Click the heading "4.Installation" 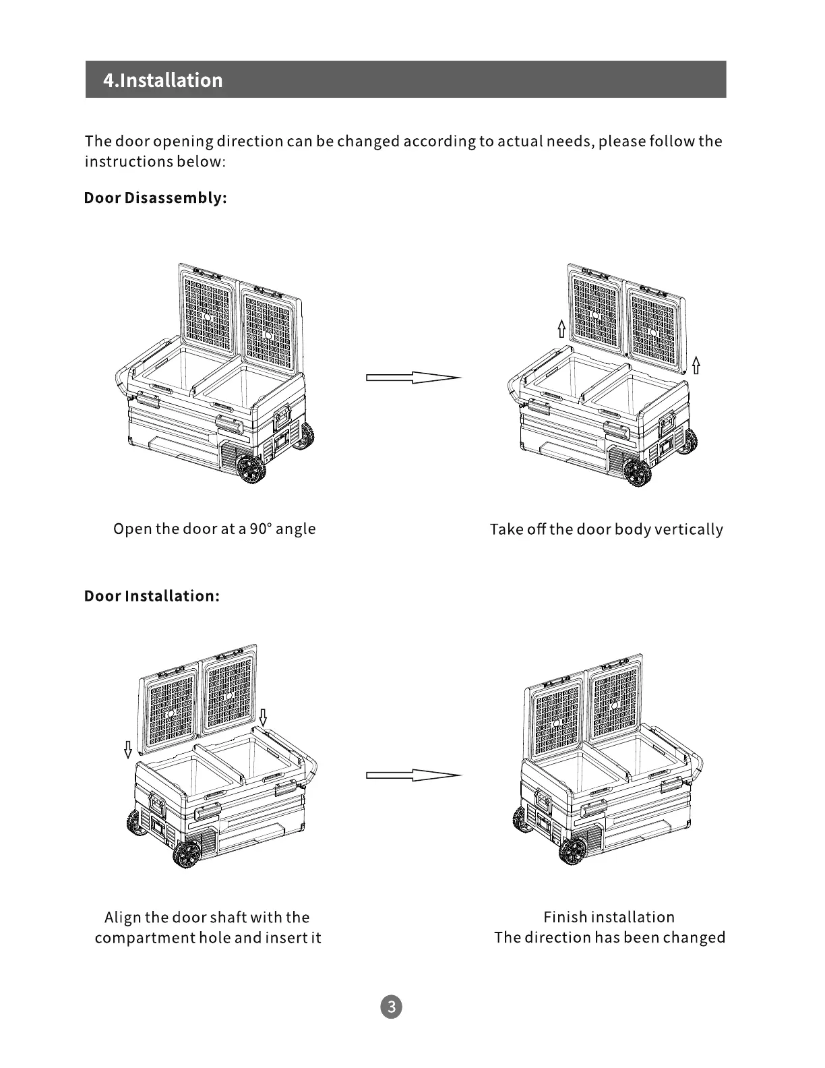coord(162,80)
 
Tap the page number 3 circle coord(391,1007)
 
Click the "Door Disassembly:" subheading coord(155,198)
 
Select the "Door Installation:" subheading coord(152,596)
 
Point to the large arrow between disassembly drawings coord(413,378)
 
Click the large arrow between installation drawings coord(413,775)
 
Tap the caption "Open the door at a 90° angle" coord(214,529)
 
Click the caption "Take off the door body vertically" coord(606,529)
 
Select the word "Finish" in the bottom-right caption coord(565,917)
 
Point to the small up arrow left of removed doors coord(561,328)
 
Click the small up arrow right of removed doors coord(696,365)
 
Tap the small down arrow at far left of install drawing coord(128,749)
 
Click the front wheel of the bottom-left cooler coord(185,855)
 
